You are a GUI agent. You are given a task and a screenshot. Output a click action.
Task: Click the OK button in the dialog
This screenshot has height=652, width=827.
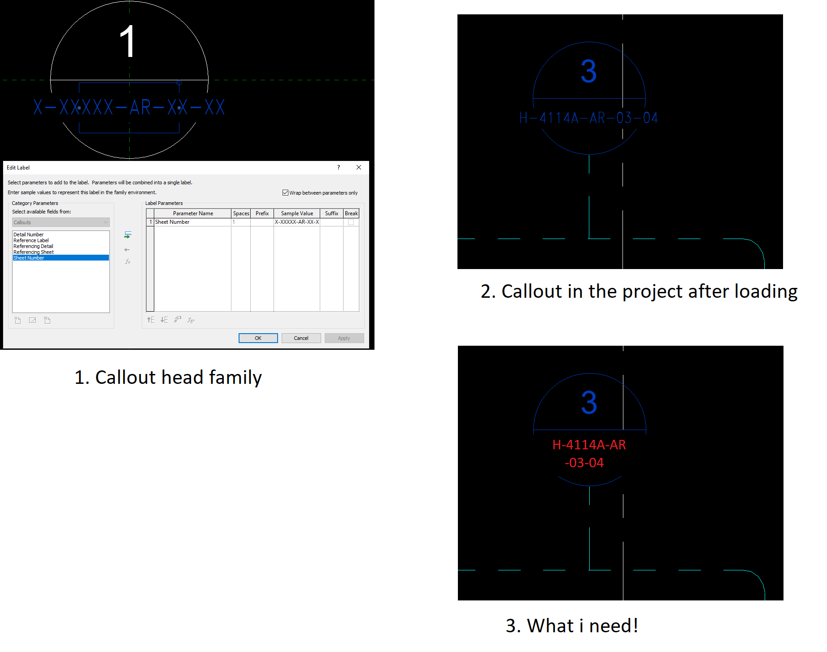pos(258,338)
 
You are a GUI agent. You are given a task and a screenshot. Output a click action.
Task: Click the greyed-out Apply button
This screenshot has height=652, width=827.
pos(344,338)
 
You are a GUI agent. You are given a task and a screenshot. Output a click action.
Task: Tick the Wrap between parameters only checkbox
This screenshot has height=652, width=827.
pos(285,193)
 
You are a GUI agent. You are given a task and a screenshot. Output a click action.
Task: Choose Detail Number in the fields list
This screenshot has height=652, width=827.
pos(28,235)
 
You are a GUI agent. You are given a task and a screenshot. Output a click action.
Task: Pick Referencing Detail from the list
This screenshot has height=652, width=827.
pos(33,246)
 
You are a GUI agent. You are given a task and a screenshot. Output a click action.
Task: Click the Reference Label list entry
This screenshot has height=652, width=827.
pos(31,240)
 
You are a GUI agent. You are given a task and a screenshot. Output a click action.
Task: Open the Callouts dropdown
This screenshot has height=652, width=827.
pos(61,222)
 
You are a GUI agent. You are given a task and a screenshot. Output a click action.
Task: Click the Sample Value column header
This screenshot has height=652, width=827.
pos(297,213)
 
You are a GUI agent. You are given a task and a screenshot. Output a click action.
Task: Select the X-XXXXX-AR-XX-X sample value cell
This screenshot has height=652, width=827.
pos(297,222)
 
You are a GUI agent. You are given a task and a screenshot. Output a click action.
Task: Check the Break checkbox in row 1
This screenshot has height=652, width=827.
pos(351,222)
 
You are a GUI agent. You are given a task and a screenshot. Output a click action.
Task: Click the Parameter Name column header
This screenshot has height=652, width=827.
pos(193,213)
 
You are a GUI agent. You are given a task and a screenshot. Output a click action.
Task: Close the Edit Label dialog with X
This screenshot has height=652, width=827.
pos(359,167)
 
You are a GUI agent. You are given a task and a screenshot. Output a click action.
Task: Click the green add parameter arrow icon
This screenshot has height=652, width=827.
pos(128,235)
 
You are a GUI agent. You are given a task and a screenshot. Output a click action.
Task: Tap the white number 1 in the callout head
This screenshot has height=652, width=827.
pos(128,41)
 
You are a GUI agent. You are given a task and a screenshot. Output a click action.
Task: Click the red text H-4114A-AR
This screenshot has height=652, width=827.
pos(589,445)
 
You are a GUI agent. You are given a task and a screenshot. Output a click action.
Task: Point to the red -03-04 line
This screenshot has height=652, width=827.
pos(584,463)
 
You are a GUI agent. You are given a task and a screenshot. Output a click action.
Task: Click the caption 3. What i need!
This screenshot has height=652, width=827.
pos(572,626)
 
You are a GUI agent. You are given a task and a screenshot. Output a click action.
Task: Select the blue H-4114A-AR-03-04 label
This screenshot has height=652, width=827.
pos(588,118)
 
